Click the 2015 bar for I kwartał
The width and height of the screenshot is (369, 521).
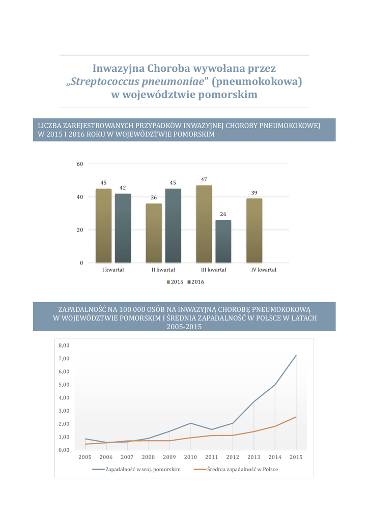[x=103, y=225]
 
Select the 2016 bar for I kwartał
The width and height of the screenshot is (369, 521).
[x=123, y=228]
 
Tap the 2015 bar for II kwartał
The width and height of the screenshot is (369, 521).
[x=154, y=233]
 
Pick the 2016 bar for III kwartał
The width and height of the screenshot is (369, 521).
[x=223, y=241]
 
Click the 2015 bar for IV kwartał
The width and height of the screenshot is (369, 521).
[x=254, y=230]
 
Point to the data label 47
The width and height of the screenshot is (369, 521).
[x=204, y=180]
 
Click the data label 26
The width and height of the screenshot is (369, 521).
[x=223, y=214]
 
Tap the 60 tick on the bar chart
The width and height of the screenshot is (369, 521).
[x=80, y=164]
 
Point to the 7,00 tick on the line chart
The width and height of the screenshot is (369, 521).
[x=64, y=359]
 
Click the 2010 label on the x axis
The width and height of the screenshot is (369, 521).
[x=190, y=457]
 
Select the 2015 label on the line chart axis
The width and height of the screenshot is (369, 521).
[x=296, y=457]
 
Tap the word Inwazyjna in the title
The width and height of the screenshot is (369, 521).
[x=118, y=68]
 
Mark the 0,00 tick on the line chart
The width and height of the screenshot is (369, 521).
[x=64, y=450]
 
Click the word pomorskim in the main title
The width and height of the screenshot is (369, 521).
[x=226, y=95]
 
